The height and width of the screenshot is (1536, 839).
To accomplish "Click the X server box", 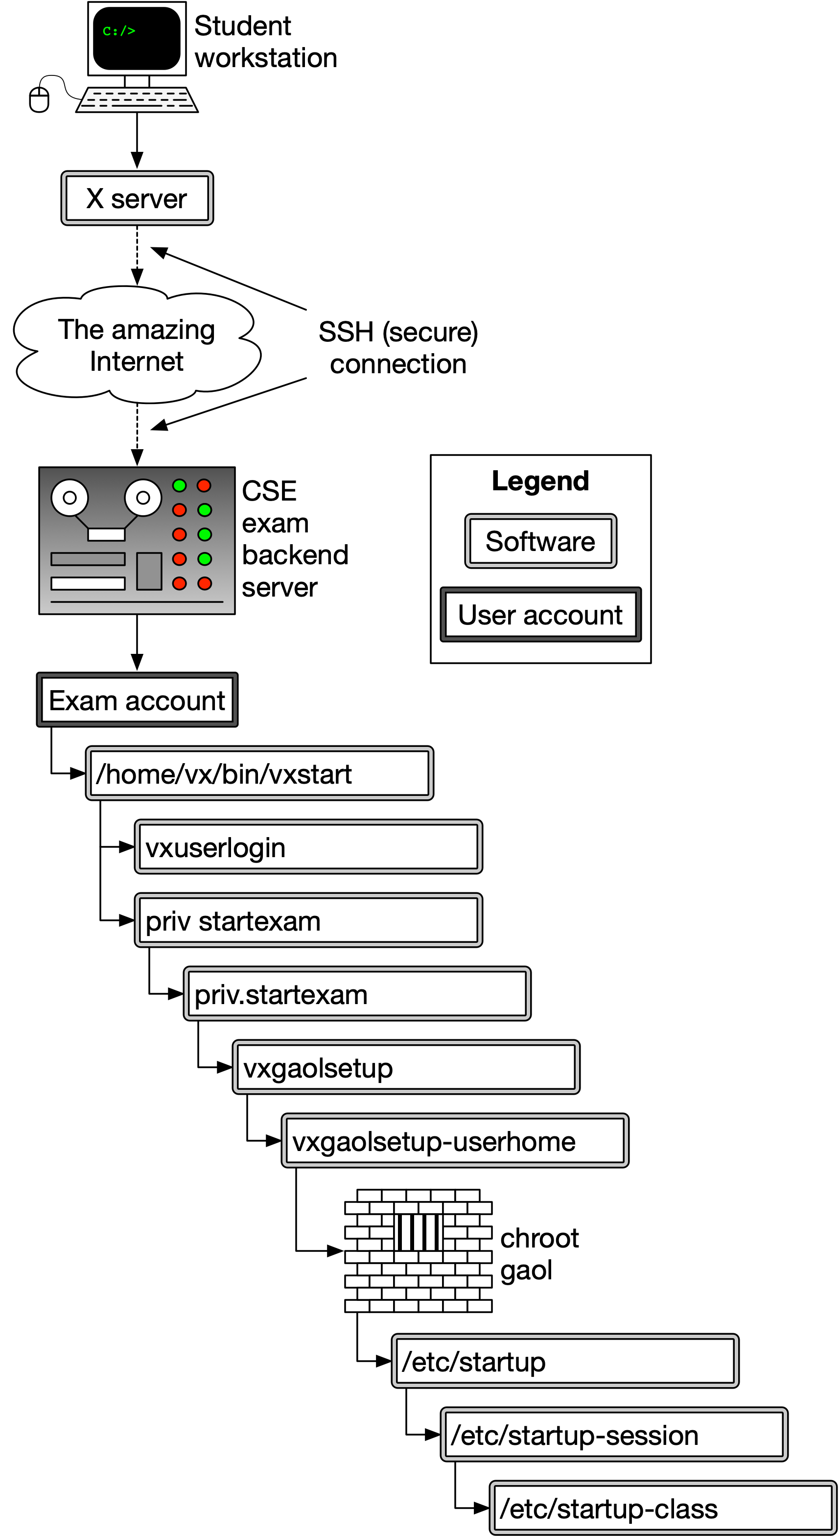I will (137, 198).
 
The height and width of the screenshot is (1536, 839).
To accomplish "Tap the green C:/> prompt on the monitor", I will (118, 31).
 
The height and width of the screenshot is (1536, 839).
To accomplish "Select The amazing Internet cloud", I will (137, 345).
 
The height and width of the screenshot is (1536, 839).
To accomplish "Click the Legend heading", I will (540, 480).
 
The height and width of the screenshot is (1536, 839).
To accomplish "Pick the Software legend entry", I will (540, 541).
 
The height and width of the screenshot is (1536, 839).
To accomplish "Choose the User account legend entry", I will (540, 615).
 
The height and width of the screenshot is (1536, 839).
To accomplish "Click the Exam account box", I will (137, 700).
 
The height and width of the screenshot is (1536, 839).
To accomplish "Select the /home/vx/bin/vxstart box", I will (259, 773).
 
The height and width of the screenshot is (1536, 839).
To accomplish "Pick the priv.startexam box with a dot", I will (357, 994).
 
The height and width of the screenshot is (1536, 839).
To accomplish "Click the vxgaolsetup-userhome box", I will (455, 1141).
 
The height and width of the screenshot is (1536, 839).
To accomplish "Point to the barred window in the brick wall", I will (419, 1232).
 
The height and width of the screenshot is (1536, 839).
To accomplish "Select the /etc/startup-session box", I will (614, 1435).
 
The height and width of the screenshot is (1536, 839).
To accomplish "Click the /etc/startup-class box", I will (663, 1508).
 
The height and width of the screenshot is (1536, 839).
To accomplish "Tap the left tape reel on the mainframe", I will (70, 497).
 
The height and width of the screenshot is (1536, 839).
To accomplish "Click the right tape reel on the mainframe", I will (143, 497).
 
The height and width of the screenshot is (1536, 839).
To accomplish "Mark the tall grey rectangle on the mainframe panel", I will (149, 571).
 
